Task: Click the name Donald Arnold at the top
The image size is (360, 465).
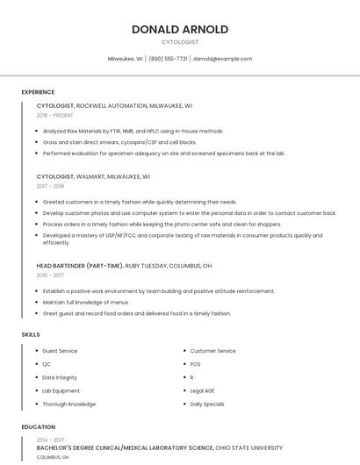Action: coord(180,29)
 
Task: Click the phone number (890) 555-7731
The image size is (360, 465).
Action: coord(168,59)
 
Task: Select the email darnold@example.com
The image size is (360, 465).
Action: coord(222,59)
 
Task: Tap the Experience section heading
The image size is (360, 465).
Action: coord(38,92)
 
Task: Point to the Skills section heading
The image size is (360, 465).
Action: coord(31,334)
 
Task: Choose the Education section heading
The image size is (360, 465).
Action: coord(38,427)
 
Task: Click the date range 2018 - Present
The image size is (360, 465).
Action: coord(54,115)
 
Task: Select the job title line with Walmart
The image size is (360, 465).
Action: coord(93,176)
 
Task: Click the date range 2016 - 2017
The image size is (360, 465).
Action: coord(50,275)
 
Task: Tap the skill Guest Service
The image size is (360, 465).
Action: coord(60,351)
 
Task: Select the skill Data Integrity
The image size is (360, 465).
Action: coord(60,377)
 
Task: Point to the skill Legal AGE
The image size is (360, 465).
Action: coord(204,390)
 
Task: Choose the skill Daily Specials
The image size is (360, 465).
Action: coord(207,404)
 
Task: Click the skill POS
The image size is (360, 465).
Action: coord(195,364)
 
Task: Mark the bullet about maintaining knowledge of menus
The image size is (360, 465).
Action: coord(85,302)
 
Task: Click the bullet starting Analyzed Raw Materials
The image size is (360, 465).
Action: coord(133,131)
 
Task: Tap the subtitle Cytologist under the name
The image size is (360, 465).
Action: coord(180,42)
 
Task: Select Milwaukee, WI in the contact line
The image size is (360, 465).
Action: coord(125,59)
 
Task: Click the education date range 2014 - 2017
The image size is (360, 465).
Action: coord(50,440)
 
